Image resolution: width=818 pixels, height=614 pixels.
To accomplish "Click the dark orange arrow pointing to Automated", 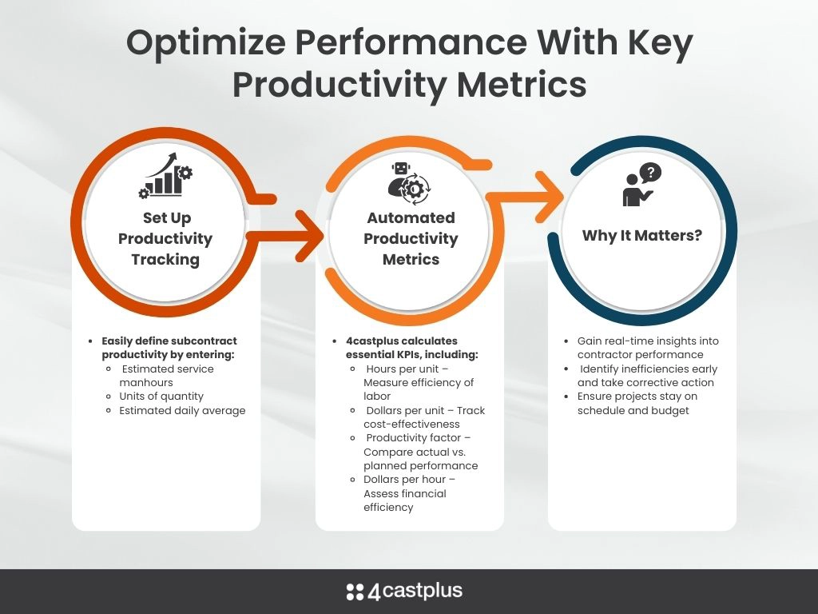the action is coord(285,236).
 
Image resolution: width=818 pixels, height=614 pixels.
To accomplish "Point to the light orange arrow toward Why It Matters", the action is coord(525,197).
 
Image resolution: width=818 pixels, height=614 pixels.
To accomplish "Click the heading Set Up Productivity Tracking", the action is coord(165,238).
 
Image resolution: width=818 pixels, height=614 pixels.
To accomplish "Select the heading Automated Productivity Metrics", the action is coord(411,238).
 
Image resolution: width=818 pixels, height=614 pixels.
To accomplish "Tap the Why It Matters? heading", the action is coord(642,236).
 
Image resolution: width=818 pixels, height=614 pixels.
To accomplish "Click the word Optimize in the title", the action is coord(206,43).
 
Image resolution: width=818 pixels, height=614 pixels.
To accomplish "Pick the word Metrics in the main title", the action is coord(521,85).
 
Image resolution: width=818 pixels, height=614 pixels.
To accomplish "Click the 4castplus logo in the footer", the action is coord(404,591).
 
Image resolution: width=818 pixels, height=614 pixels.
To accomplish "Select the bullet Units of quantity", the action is coord(161,397).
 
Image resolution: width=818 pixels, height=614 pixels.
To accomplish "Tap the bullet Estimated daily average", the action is coord(182,410).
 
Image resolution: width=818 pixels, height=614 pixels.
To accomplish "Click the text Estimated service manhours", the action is coord(166,376).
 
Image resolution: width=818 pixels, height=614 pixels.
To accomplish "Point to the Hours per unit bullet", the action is coord(419,382).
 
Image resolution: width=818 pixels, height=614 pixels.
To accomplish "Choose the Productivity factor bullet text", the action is coord(420,452).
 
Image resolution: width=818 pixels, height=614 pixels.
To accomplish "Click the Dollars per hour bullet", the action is coord(410,493).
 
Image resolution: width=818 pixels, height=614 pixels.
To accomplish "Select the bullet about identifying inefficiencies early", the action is coord(647,376).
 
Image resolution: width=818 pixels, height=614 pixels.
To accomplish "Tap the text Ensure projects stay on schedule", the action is coord(637,403).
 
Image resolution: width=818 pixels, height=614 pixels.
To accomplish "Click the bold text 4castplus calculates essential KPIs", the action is coord(412,348).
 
